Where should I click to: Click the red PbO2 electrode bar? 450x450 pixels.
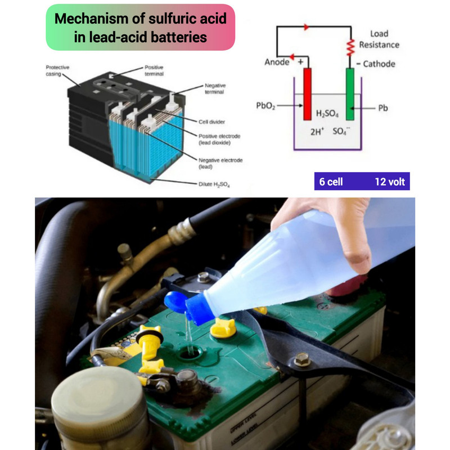(307, 94)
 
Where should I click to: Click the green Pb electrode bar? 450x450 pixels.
(350, 94)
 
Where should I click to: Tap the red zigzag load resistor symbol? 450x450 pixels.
(350, 48)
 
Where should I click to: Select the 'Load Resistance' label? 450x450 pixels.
(379, 39)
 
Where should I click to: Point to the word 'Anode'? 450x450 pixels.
(277, 62)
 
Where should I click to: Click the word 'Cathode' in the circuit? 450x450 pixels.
(379, 64)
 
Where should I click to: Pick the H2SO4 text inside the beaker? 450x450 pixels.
(327, 114)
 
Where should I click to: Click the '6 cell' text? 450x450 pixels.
(331, 182)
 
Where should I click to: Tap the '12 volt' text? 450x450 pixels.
(390, 182)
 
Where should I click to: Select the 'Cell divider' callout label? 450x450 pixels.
(211, 121)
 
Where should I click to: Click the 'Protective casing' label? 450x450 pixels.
(57, 71)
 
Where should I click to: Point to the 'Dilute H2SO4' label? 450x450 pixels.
(214, 184)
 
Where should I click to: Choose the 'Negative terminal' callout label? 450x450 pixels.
(215, 89)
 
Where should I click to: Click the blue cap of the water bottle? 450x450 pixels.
(191, 307)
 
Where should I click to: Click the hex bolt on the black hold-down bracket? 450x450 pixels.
(302, 359)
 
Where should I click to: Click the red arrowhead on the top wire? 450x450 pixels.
(307, 27)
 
